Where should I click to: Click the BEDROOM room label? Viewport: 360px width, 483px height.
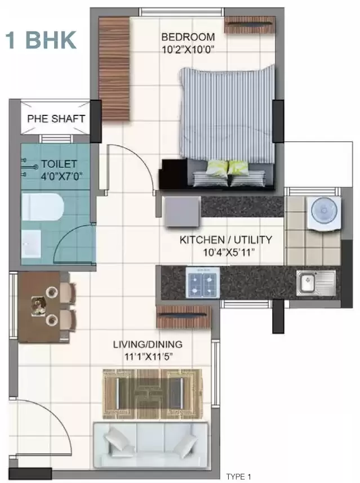(188, 37)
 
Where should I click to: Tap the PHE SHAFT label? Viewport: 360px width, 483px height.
(56, 119)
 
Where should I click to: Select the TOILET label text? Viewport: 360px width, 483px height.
(59, 164)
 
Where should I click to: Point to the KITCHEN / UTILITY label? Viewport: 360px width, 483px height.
(225, 240)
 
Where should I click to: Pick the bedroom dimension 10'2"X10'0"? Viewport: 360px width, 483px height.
(188, 49)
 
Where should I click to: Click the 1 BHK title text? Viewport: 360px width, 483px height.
(41, 40)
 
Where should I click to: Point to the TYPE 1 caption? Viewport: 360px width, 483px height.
(238, 477)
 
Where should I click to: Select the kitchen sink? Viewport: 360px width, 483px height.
(315, 281)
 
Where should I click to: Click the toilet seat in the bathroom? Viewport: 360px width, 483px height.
(41, 208)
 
